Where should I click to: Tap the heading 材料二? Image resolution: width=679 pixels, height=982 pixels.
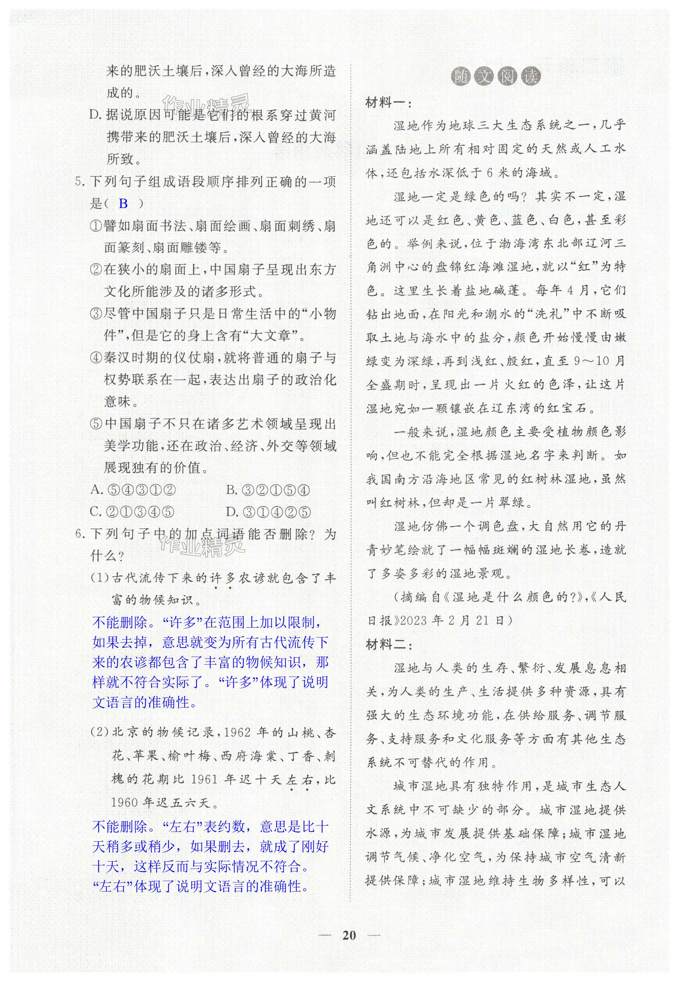pyautogui.click(x=388, y=645)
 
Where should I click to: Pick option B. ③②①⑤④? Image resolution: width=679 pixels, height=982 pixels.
pyautogui.click(x=268, y=490)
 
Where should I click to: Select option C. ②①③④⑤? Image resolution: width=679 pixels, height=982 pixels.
pyautogui.click(x=132, y=512)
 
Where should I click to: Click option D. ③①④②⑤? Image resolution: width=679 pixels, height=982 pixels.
pyautogui.click(x=268, y=512)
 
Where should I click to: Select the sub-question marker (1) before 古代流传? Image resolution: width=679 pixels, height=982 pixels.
pyautogui.click(x=100, y=578)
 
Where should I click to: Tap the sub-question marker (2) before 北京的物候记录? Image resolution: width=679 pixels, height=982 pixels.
pyautogui.click(x=100, y=733)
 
